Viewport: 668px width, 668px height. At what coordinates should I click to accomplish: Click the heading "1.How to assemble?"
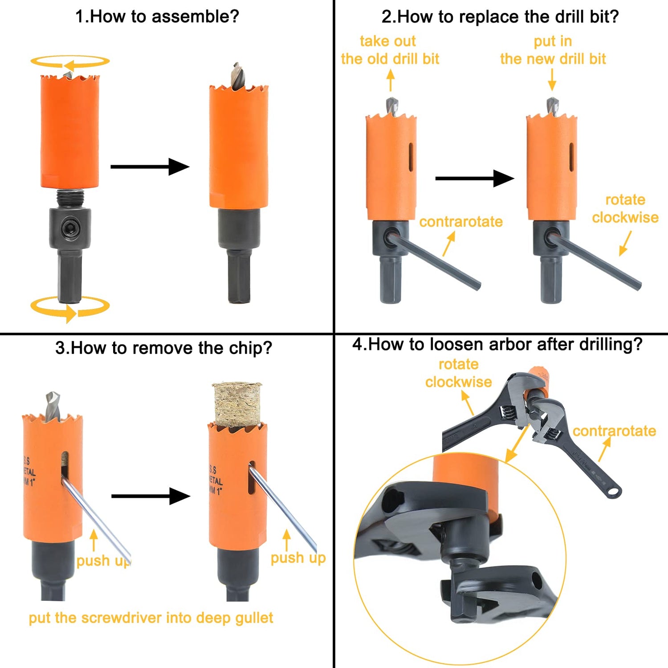[157, 17]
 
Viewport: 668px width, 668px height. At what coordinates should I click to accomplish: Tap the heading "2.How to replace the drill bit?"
[500, 17]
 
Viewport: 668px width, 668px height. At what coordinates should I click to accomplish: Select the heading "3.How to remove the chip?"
[163, 348]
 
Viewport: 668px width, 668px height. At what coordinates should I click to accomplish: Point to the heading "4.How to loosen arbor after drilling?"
[497, 344]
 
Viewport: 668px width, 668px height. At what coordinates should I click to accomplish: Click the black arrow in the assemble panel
[150, 167]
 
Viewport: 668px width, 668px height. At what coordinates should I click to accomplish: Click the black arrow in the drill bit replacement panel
[474, 179]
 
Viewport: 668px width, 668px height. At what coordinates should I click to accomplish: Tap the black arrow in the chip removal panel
[151, 496]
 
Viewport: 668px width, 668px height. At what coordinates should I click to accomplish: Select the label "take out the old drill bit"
[390, 50]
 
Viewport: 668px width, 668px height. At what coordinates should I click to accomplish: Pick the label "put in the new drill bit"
[553, 50]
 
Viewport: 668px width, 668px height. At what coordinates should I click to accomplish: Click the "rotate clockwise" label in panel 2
[625, 208]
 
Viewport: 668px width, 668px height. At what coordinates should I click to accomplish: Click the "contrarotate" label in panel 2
[460, 222]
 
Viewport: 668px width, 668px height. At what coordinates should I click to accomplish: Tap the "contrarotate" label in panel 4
[614, 431]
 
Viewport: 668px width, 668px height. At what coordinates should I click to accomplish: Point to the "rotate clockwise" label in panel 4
[458, 373]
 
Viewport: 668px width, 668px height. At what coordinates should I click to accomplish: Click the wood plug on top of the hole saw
[237, 403]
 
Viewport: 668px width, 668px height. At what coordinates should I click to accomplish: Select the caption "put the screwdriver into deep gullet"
[151, 618]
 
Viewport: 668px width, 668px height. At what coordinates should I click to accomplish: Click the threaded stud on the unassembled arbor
[70, 197]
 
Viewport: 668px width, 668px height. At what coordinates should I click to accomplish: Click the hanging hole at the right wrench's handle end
[615, 492]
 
